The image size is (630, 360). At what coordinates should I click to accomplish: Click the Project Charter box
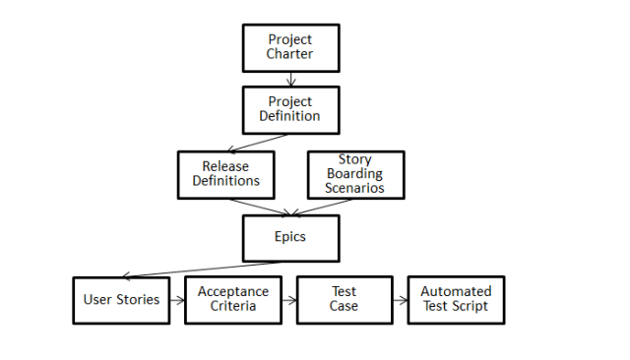click(x=290, y=47)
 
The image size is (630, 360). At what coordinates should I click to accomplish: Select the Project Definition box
click(x=290, y=109)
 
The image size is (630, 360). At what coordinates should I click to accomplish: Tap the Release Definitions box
click(x=225, y=173)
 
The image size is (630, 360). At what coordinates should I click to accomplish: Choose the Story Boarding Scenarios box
click(x=355, y=173)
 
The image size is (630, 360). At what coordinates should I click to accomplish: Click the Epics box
click(x=290, y=237)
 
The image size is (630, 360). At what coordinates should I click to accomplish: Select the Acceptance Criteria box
click(x=233, y=300)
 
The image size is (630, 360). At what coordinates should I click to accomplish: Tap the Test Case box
click(x=345, y=300)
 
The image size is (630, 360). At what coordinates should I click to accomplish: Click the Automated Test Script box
click(x=456, y=300)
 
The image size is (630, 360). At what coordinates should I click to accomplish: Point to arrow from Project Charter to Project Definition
click(x=290, y=79)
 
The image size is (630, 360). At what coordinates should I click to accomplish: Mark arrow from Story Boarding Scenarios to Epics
click(x=325, y=206)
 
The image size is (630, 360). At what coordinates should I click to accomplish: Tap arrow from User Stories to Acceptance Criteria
click(x=176, y=300)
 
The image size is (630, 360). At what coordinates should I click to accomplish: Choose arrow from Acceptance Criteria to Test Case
click(x=289, y=300)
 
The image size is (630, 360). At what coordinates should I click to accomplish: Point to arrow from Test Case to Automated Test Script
click(x=401, y=300)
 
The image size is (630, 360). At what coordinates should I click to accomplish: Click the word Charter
click(x=290, y=54)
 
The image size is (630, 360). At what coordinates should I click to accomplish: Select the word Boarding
click(x=355, y=173)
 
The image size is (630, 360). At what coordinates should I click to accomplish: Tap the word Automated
click(x=456, y=292)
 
